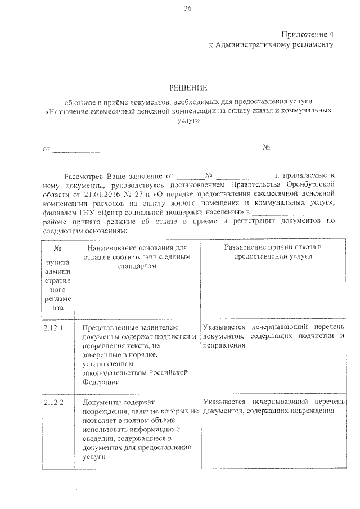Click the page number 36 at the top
pos(187,7)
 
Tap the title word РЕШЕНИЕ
pos(188,88)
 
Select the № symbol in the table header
pos(57,248)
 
